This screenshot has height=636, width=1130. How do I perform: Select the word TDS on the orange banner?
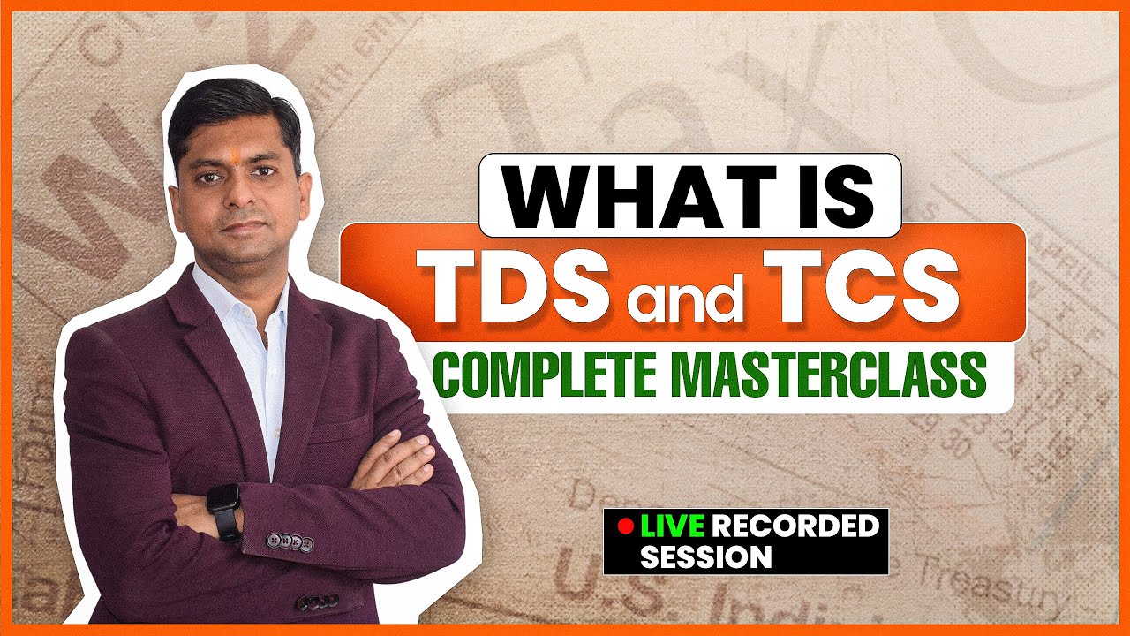(x=519, y=284)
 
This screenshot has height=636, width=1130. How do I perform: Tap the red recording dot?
(x=625, y=527)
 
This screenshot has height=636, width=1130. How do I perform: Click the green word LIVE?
(x=673, y=527)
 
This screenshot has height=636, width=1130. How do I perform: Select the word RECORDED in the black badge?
(x=795, y=527)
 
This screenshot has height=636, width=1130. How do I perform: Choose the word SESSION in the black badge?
(x=706, y=557)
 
